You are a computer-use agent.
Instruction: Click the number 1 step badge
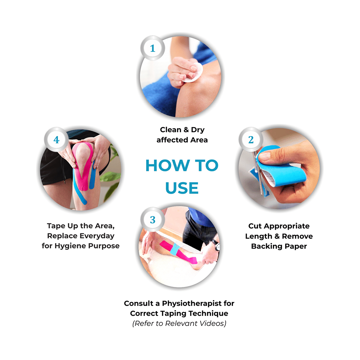point(153,48)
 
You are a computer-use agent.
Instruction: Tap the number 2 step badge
point(251,140)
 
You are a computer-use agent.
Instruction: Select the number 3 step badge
point(153,220)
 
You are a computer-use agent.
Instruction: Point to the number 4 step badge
point(57,140)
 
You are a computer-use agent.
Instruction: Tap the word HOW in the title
point(168,165)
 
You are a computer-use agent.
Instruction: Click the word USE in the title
point(182,188)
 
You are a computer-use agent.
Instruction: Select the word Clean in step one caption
point(171,130)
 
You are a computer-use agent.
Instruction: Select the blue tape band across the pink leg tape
point(175,249)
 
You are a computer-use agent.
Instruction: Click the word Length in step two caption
point(258,236)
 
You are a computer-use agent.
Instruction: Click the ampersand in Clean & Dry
point(186,130)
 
